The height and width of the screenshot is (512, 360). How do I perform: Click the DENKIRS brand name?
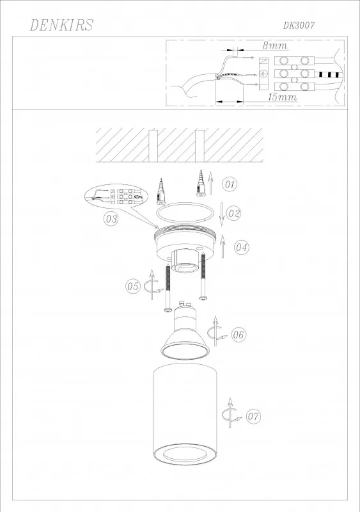coord(61,25)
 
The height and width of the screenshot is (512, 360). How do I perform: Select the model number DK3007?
coord(299,26)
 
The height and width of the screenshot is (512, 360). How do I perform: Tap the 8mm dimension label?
coord(275,45)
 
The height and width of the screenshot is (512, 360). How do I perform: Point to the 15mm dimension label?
coord(283,97)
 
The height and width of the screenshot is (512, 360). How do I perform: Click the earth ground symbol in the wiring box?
coord(263,74)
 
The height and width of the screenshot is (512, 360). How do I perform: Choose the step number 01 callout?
coord(230,184)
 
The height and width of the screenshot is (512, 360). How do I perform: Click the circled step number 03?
coord(111,218)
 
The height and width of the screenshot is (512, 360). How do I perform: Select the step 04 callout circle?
coord(242,247)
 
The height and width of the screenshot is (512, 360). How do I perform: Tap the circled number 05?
coord(133,286)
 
